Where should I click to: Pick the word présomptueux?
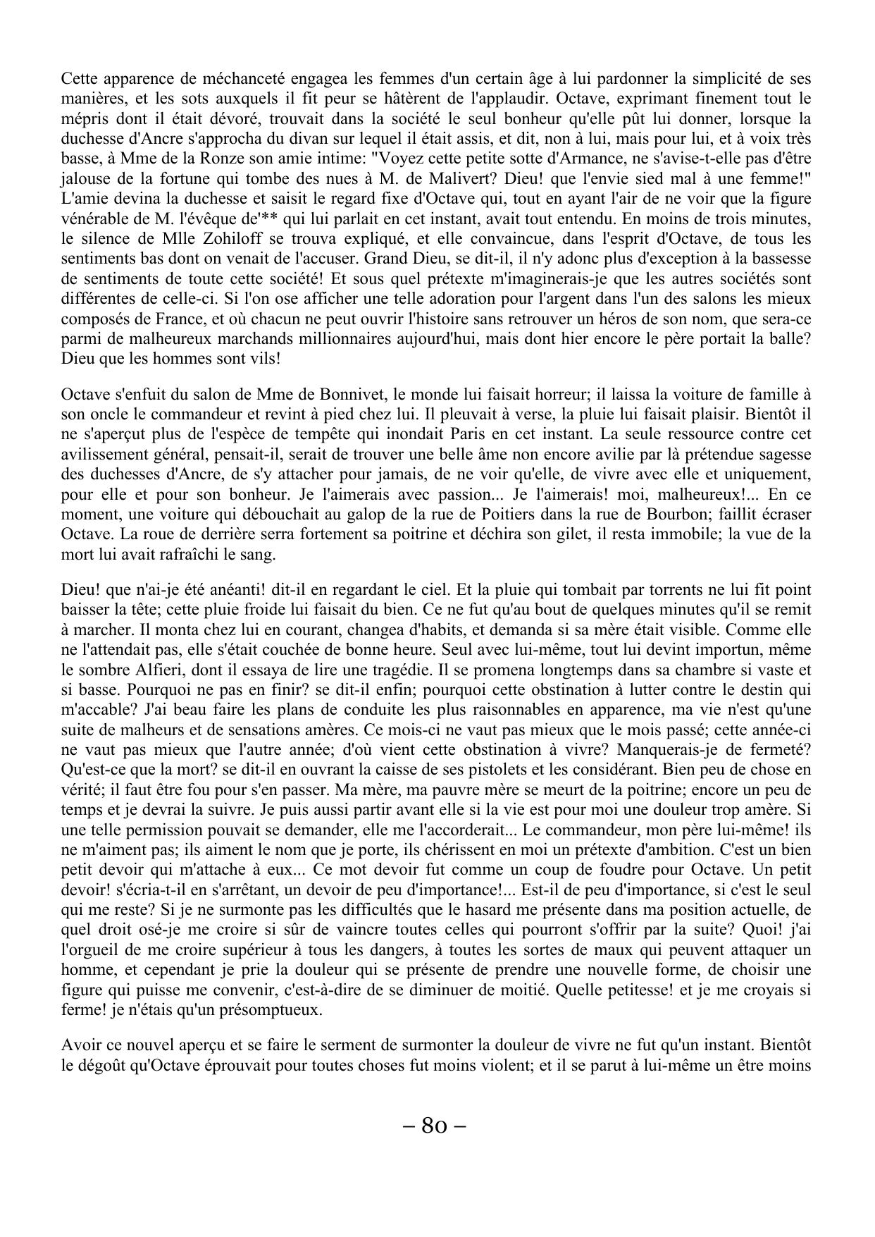point(266,1009)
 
